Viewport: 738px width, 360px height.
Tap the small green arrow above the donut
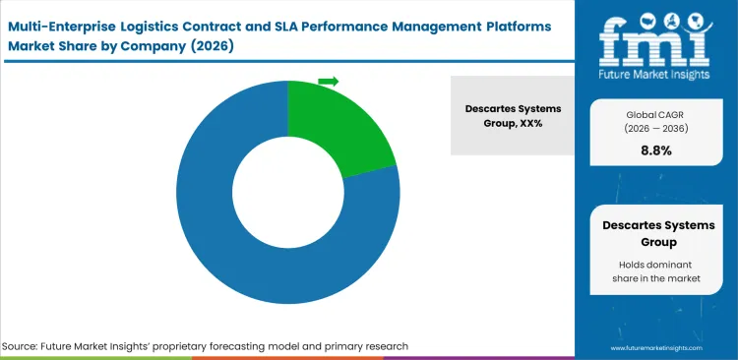(329, 81)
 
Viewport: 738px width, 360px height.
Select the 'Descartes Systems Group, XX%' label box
(512, 115)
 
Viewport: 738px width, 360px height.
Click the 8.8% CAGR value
(655, 151)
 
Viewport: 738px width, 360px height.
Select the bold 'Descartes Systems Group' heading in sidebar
(655, 233)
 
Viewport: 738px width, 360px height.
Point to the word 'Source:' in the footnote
(23, 346)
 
